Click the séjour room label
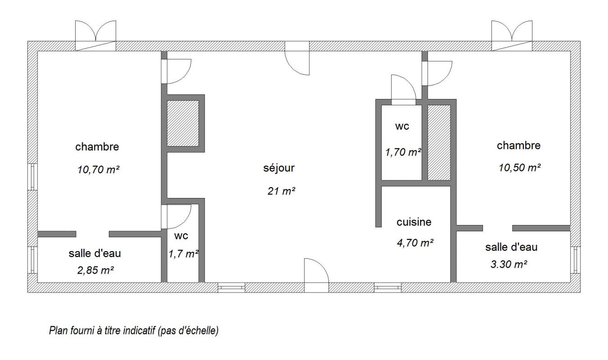coord(279,168)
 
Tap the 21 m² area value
coord(281,191)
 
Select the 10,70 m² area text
coord(98,170)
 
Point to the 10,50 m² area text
coord(519,167)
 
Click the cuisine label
coord(414,222)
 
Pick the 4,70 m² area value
coord(415,243)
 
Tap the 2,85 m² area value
coord(95,270)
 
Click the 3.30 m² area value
coord(509,264)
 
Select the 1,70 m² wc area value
coord(403,152)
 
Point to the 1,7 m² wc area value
coord(184,254)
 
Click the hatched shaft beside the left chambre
coord(183,124)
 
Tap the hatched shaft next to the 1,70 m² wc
coord(439,143)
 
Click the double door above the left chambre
coord(95,36)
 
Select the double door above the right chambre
coord(512,36)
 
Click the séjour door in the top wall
coord(297,58)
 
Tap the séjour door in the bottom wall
coord(316,275)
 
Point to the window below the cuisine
coord(387,288)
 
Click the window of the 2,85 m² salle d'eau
coord(32,260)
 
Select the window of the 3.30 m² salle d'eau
coord(575,260)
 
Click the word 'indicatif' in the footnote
coord(139,330)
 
